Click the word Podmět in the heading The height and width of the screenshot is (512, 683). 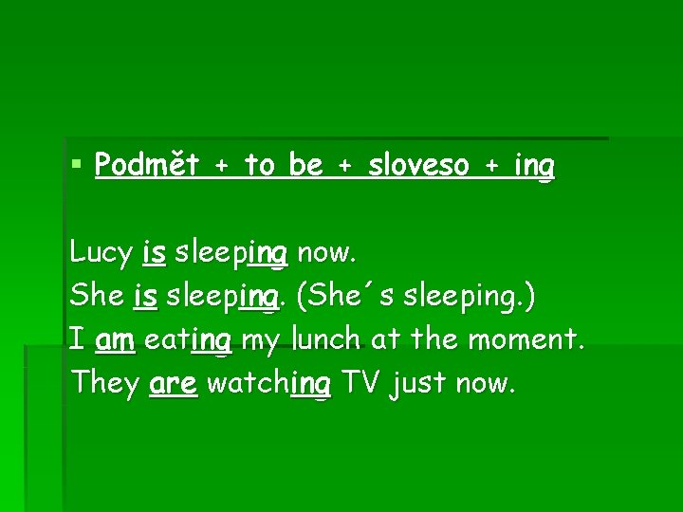[147, 166]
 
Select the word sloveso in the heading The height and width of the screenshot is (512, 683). [418, 166]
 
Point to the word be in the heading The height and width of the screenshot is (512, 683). [305, 166]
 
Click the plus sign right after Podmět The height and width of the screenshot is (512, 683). [221, 167]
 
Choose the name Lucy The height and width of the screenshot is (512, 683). [101, 253]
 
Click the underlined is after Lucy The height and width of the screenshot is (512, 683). [155, 252]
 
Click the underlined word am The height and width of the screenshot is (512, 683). [115, 339]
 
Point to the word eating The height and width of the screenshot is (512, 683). [189, 340]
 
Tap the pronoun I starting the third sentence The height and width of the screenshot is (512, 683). [76, 338]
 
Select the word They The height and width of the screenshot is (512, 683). [105, 383]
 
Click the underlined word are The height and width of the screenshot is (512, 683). [174, 384]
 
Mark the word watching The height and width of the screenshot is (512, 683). [268, 384]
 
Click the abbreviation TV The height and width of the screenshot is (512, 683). [361, 383]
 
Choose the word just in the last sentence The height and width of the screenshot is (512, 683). [418, 384]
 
